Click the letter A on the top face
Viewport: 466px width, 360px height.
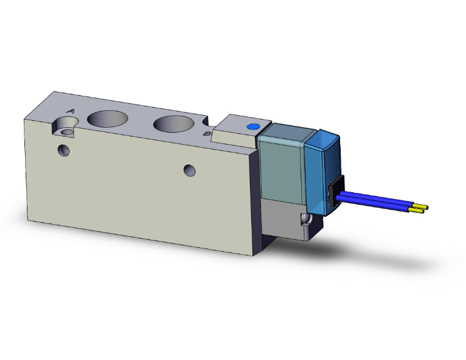pyautogui.click(x=70, y=111)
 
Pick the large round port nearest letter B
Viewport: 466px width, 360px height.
pyautogui.click(x=172, y=123)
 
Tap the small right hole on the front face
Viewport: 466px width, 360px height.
pyautogui.click(x=190, y=170)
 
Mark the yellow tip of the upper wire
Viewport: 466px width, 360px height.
pyautogui.click(x=423, y=206)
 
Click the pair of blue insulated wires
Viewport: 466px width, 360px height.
pyautogui.click(x=376, y=203)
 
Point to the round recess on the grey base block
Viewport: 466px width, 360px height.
pyautogui.click(x=305, y=221)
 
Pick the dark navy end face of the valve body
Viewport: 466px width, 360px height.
pyautogui.click(x=257, y=200)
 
